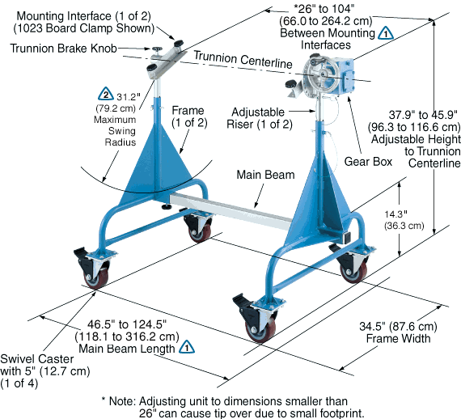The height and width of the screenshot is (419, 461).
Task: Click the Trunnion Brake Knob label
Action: [64, 49]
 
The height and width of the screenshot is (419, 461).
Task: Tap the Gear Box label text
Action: [368, 162]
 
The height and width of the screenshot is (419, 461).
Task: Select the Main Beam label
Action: [265, 175]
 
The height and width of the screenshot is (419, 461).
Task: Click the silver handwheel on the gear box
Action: [321, 75]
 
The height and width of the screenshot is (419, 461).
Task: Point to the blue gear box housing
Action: [343, 77]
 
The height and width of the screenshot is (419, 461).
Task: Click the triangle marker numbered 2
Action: [106, 94]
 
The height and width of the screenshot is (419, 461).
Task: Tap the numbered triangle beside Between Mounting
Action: [386, 33]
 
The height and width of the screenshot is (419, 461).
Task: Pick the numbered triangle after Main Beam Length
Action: [187, 347]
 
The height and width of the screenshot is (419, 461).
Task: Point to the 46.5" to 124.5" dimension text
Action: [127, 324]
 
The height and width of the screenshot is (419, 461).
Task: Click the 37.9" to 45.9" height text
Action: [423, 115]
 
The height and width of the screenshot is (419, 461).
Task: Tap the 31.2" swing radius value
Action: [129, 97]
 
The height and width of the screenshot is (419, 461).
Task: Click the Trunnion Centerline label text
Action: [243, 59]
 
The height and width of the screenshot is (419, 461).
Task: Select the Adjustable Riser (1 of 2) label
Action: [260, 118]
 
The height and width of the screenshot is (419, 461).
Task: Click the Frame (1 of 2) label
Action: [189, 116]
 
